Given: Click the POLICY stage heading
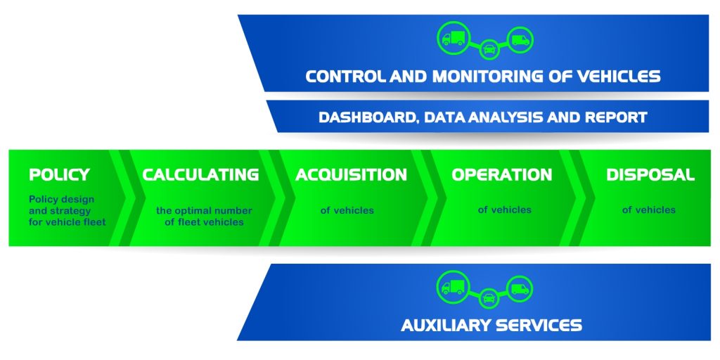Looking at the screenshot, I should click(x=59, y=174).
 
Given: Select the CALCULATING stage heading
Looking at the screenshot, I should click(x=200, y=174).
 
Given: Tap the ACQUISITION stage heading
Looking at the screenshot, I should click(x=351, y=174).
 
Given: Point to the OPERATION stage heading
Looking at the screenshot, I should click(x=501, y=174).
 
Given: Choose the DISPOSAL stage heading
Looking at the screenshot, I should click(x=650, y=174).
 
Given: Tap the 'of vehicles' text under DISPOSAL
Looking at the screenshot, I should click(x=648, y=210).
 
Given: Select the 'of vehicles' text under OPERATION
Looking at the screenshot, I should click(x=504, y=210).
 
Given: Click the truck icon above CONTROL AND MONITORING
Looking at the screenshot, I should click(x=454, y=37).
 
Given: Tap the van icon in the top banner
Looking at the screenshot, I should click(x=520, y=40).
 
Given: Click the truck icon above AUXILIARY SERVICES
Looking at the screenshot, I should click(x=453, y=286).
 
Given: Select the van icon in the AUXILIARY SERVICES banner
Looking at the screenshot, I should click(x=520, y=288).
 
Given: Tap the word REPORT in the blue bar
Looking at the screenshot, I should click(x=617, y=117).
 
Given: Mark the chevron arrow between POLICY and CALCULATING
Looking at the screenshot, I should click(x=125, y=198).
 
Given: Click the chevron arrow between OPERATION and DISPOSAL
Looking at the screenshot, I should click(x=579, y=198).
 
